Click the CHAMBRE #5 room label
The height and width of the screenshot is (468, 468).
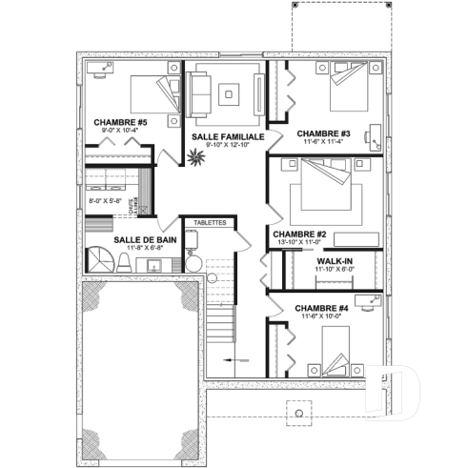(x=120, y=122)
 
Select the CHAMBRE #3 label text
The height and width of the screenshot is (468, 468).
(x=323, y=132)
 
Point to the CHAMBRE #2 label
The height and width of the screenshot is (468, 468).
(x=299, y=234)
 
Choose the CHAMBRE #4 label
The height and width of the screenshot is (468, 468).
(x=322, y=308)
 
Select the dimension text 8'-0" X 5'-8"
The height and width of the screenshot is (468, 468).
(x=105, y=201)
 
